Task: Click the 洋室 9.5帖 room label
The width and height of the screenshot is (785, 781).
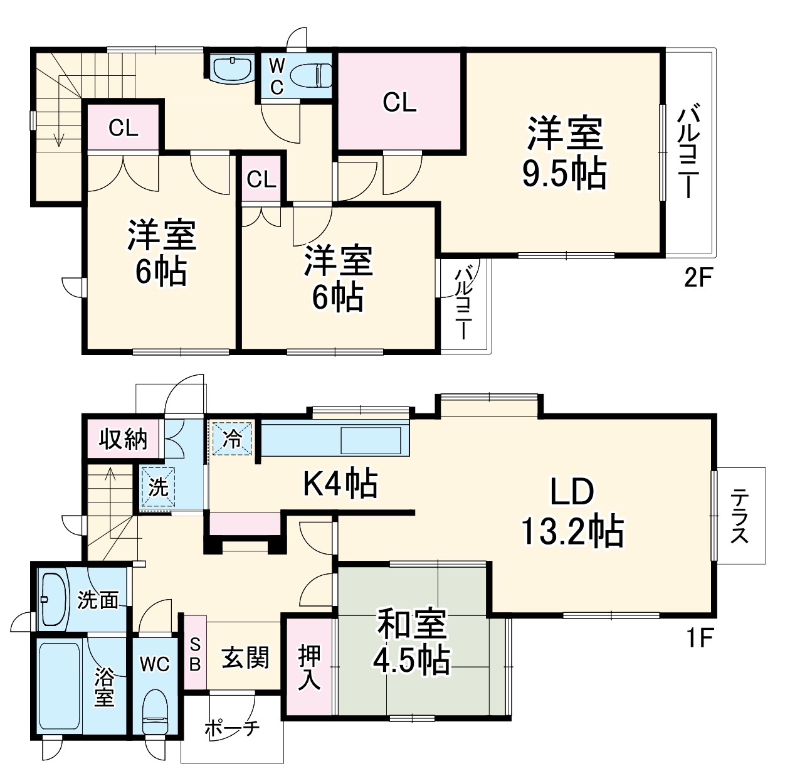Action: coord(564,154)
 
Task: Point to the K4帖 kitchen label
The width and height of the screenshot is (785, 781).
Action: coord(340,483)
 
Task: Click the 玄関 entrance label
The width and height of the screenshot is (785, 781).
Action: coord(245,658)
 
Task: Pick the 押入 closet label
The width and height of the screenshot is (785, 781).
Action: coord(308,667)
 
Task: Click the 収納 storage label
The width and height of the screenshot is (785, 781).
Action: coord(124,439)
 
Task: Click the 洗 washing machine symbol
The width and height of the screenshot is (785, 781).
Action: coord(157,487)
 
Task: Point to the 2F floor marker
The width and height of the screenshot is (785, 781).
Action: coord(698,277)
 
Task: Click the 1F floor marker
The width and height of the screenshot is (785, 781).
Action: coord(698,639)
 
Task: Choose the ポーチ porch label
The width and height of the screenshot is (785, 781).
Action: coord(232,729)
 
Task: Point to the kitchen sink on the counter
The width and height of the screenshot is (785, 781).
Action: coord(370,440)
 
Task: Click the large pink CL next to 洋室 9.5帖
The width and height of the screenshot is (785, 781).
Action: coord(399,102)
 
